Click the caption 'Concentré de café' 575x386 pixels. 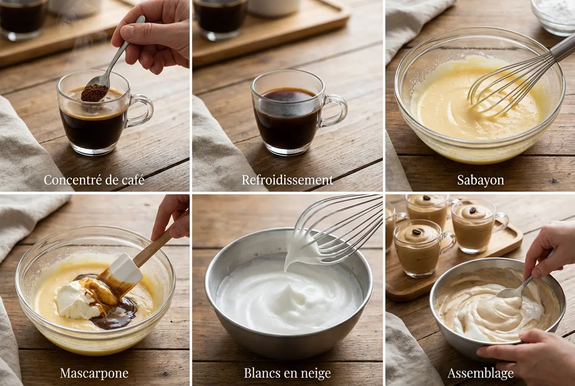pyautogui.click(x=94, y=180)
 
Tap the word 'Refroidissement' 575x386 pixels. pyautogui.click(x=287, y=180)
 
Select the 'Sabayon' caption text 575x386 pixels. pyautogui.click(x=480, y=180)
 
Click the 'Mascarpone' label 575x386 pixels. pyautogui.click(x=94, y=373)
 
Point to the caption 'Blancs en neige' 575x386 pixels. pyautogui.click(x=287, y=373)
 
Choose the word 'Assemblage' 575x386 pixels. pyautogui.click(x=480, y=373)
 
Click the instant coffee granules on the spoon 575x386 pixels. pyautogui.click(x=95, y=93)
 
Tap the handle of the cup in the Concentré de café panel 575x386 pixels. pyautogui.click(x=141, y=111)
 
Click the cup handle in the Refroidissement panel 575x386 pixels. pyautogui.click(x=335, y=111)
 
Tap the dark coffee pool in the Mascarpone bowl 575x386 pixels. pyautogui.click(x=116, y=315)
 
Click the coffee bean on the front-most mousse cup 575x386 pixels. pyautogui.click(x=416, y=232)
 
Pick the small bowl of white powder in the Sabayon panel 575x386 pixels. pyautogui.click(x=555, y=15)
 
